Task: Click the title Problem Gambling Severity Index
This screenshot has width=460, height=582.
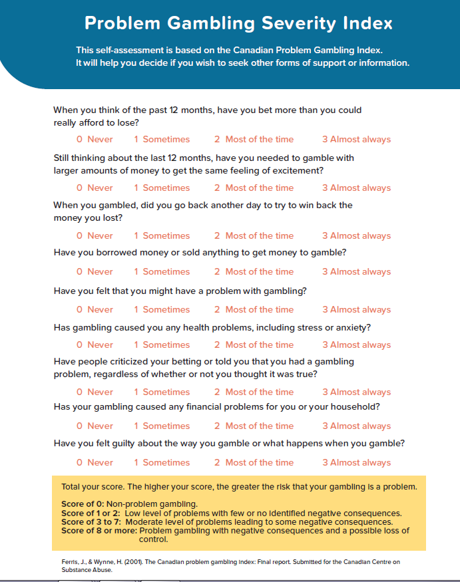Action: click(238, 23)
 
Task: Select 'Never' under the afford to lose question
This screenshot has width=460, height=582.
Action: click(95, 140)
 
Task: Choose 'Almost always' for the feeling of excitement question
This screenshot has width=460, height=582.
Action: click(356, 188)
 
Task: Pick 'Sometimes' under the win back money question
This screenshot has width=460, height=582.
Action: click(162, 235)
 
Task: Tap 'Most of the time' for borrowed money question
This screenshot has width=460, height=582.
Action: click(254, 271)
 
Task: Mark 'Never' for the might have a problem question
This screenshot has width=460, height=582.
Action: click(95, 309)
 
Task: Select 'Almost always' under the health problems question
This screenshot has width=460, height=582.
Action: click(356, 345)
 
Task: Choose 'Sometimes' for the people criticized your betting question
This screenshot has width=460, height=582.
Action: click(162, 392)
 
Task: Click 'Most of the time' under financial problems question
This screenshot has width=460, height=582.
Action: click(254, 426)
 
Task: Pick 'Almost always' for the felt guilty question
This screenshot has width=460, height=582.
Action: click(356, 462)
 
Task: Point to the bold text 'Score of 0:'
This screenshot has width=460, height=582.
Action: click(83, 504)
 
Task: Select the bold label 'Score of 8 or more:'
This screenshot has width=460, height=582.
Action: click(99, 530)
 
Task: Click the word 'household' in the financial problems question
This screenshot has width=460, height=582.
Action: click(357, 407)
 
